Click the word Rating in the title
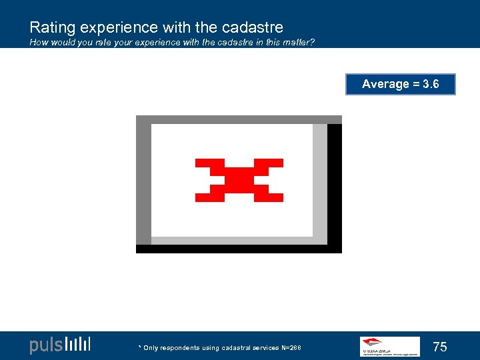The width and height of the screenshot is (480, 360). click(51, 27)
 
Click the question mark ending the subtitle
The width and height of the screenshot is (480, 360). click(312, 43)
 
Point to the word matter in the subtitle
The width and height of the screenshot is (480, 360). click(296, 43)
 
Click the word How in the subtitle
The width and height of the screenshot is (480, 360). click(38, 43)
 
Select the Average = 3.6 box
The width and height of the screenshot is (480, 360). click(400, 84)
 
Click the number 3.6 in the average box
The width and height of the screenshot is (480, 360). click(431, 84)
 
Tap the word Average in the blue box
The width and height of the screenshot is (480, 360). click(385, 84)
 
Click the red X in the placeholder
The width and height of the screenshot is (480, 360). click(239, 180)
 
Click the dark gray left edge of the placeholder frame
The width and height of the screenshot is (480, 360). click(143, 180)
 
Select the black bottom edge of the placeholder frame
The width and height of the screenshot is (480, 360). click(239, 249)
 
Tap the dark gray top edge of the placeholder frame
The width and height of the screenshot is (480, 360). click(239, 119)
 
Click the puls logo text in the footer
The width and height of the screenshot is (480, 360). click(45, 345)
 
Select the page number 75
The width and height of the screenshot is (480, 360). click(440, 347)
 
